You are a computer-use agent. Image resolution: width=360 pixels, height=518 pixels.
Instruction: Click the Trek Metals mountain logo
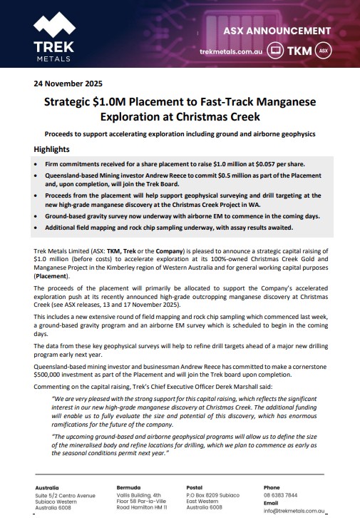tap(53, 25)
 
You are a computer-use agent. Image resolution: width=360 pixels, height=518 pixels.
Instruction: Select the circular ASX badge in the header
tap(323, 51)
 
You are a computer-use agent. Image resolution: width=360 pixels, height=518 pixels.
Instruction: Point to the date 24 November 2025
tap(64, 83)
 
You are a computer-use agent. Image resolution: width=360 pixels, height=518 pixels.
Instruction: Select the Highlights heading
tap(52, 150)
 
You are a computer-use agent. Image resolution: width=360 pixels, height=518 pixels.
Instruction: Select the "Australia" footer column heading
tap(47, 487)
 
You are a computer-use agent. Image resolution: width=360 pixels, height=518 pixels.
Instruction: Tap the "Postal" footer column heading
tap(195, 487)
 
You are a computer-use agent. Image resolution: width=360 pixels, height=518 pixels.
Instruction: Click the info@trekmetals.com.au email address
tap(294, 510)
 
